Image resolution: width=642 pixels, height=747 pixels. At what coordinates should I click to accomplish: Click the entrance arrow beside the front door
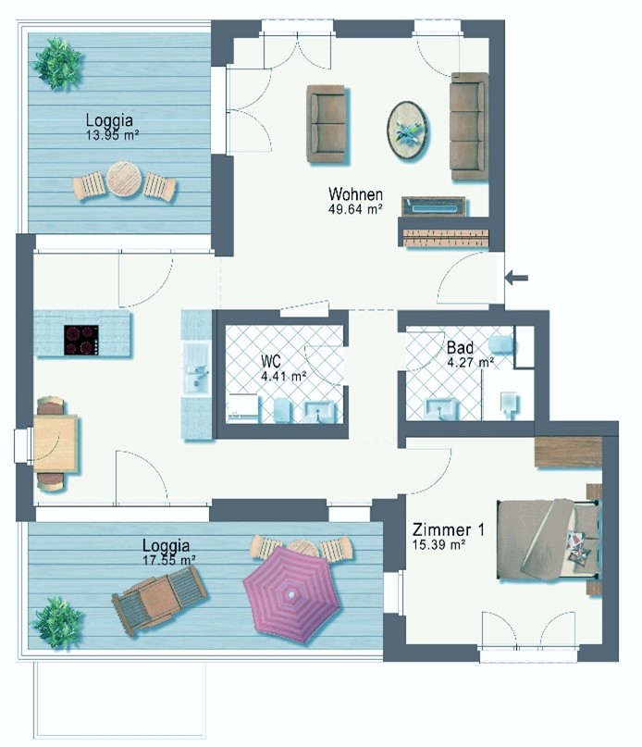coord(516,278)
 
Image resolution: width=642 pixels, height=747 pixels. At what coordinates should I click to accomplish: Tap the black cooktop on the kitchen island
coord(81,340)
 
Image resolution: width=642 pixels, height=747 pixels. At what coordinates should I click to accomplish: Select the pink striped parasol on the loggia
coord(291,593)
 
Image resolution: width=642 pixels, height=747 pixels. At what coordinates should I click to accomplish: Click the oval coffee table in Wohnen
coord(407,131)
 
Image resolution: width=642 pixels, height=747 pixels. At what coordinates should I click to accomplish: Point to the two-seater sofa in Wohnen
coord(326,125)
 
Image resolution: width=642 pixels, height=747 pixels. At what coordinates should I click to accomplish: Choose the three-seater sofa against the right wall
coord(469,126)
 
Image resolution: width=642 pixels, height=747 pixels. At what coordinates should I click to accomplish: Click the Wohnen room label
coord(355,193)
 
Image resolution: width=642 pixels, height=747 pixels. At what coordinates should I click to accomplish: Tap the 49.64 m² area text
coord(355,208)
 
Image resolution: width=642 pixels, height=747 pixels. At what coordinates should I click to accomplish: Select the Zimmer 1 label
coord(448,529)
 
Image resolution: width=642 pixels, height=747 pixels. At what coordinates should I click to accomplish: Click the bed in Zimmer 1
coord(549,540)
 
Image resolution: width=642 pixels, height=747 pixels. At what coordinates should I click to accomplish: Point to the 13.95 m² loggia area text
coord(112,135)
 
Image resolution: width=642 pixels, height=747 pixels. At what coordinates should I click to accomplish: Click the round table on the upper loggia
coord(124,180)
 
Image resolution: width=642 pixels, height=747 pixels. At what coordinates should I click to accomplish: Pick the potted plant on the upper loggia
coord(57,63)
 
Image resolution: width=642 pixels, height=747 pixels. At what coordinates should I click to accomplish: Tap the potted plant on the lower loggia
coord(57,622)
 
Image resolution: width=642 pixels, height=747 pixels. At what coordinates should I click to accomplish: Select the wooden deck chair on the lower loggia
coord(159,598)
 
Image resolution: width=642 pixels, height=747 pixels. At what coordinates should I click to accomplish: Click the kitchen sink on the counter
coord(197,368)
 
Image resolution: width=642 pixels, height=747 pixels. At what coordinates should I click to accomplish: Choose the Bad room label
coord(460,347)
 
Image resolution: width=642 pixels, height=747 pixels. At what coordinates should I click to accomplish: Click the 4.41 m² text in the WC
coord(283,376)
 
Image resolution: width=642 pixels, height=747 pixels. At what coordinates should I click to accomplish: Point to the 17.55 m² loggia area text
coord(169,560)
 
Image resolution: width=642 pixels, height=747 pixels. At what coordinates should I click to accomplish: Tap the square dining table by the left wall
coord(56,443)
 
